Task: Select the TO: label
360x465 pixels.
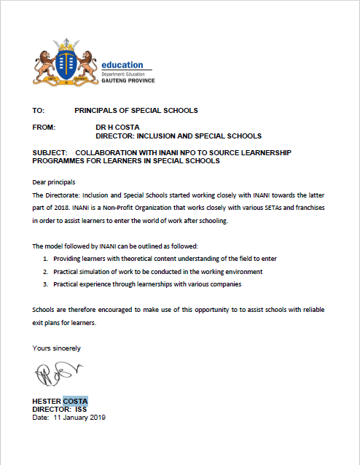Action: click(39, 111)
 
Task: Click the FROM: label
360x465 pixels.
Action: click(44, 127)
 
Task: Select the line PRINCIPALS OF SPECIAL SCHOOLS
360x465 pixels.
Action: click(136, 111)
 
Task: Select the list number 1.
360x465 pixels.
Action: click(45, 259)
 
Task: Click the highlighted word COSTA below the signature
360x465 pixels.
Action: click(75, 401)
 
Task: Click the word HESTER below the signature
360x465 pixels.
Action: click(47, 401)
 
